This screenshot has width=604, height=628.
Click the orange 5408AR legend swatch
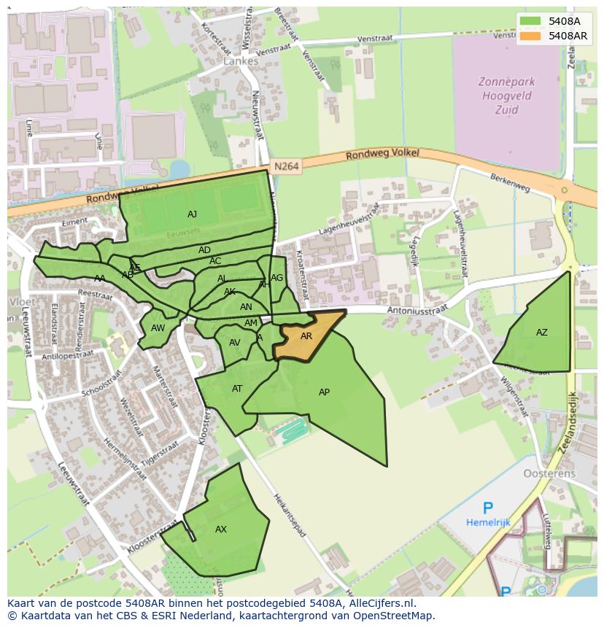[x=530, y=36]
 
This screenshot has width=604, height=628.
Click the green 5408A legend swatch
[x=530, y=21]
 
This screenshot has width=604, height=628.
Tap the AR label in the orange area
[x=306, y=336]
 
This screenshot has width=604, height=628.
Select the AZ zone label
[x=541, y=333]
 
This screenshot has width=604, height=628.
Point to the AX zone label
[x=221, y=530]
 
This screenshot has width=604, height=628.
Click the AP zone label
[x=324, y=392]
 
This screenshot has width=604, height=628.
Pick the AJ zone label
[x=192, y=214]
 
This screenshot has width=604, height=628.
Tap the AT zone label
[x=237, y=389]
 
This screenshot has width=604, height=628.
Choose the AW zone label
[x=158, y=328]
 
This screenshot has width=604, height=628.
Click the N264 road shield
[x=287, y=167]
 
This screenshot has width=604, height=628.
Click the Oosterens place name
[x=549, y=473]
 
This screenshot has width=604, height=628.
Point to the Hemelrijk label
[x=487, y=523]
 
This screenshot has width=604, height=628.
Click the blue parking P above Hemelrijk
[x=487, y=508]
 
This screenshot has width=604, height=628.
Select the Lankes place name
[x=241, y=61]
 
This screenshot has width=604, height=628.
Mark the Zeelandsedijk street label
[x=574, y=430]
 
